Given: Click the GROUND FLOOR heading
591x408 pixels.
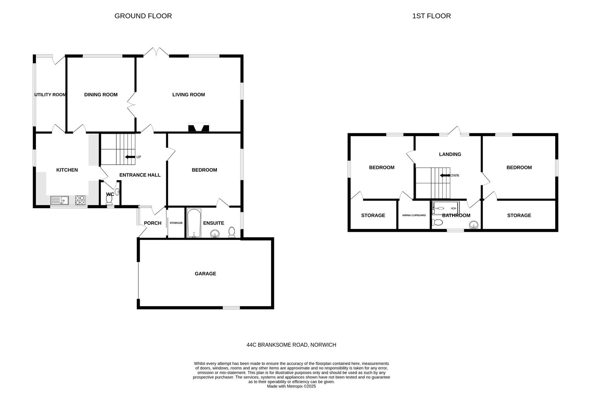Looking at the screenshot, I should (143, 16).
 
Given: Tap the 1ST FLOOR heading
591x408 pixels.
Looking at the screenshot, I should (431, 16).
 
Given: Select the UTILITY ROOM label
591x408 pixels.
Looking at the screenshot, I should (50, 95).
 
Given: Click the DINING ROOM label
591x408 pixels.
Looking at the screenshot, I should (101, 95).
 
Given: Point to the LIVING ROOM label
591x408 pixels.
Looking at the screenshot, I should (189, 95).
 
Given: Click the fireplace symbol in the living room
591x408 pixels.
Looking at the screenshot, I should (198, 128).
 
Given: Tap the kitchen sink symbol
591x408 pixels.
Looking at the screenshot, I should (60, 200).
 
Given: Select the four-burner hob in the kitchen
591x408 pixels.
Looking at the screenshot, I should (80, 200).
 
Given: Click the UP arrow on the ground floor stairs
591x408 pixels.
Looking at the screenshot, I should (130, 157).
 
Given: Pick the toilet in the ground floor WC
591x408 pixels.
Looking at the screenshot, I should (109, 199).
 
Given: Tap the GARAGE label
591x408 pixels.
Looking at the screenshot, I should (205, 274).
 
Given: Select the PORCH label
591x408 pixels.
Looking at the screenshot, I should (153, 223).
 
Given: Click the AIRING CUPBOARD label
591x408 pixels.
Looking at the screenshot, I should (414, 215).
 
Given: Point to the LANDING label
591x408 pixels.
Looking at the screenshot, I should (450, 154).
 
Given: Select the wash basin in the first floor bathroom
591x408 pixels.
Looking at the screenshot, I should (474, 225).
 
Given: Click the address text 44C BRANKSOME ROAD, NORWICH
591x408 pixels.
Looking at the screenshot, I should (291, 345).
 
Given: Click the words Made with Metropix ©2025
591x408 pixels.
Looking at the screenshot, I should (291, 386).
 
